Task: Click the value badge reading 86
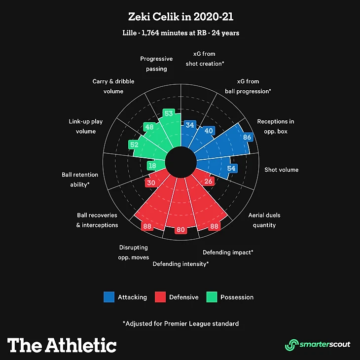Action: [x=247, y=137]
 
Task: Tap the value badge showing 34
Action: [x=189, y=125]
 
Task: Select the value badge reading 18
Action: [x=152, y=166]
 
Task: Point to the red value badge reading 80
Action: [x=181, y=230]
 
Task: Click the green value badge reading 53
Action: [x=169, y=113]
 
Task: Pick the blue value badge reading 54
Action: [x=231, y=168]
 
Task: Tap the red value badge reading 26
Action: [x=208, y=181]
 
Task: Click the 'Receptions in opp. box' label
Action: [x=275, y=127]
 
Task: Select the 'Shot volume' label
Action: [x=281, y=170]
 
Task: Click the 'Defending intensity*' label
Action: [x=180, y=264]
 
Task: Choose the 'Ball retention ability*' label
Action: [x=80, y=180]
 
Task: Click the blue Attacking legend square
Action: [x=108, y=297]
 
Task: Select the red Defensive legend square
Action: [x=160, y=297]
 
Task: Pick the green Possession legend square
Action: [x=212, y=297]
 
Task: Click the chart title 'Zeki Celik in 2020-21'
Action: [x=180, y=18]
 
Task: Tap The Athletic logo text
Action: [x=62, y=345]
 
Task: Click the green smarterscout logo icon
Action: [x=292, y=344]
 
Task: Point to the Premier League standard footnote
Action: [x=180, y=324]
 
